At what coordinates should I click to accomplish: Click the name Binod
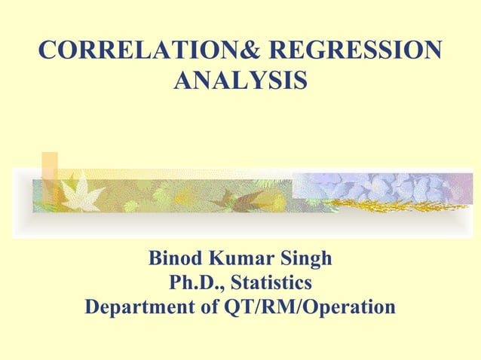coord(176,260)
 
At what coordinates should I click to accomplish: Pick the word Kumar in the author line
coord(245,260)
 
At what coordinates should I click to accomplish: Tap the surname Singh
coord(308,260)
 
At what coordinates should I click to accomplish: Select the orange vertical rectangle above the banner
coord(50,176)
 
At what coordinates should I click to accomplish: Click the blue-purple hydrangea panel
coord(377,185)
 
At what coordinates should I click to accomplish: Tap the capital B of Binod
coord(155,260)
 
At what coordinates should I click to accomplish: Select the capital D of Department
coord(93,308)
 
